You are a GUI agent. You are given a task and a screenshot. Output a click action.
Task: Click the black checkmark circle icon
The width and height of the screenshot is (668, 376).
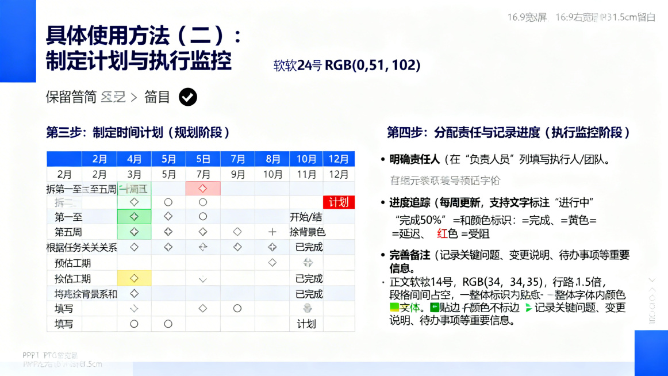coord(187,97)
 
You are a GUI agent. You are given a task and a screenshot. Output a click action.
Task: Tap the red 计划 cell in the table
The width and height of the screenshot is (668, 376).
coord(339,202)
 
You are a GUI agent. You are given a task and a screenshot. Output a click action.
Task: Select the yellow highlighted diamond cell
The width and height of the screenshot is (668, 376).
coord(134,278)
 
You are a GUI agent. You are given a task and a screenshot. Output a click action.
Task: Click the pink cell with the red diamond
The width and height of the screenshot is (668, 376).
coord(203,189)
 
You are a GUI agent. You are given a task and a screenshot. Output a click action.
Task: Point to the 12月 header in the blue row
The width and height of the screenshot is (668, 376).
coord(339,159)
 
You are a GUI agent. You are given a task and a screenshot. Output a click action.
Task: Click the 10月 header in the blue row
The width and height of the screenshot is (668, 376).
coord(306,159)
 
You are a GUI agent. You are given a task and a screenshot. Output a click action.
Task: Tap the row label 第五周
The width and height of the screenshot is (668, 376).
coord(68,232)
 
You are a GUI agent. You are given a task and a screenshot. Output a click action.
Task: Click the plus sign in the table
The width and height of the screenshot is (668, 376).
coord(272,232)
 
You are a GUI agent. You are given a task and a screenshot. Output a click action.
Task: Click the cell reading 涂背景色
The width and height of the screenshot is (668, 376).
coord(308,232)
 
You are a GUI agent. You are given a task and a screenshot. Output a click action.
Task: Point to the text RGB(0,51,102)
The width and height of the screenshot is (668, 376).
coord(373,65)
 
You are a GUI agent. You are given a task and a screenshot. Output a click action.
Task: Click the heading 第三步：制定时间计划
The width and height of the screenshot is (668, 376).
coord(138,133)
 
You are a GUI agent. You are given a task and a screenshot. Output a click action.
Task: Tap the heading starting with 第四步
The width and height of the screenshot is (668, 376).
coord(508,133)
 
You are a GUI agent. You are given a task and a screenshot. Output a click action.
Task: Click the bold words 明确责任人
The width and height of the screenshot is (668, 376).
coord(414,159)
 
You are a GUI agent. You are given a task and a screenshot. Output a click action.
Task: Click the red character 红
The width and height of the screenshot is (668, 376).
coord(442,233)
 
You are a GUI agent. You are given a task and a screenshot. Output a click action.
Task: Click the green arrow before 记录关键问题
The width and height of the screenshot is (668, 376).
coord(528,308)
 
